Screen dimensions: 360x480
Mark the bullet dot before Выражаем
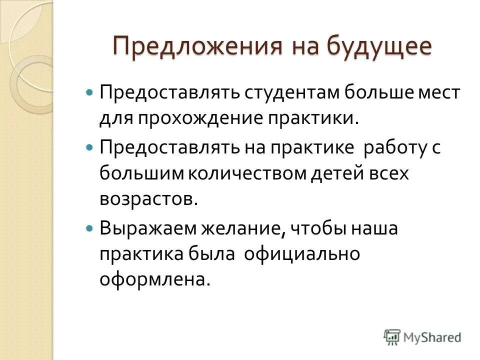click(89, 228)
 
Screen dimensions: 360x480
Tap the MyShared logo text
click(433, 337)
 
